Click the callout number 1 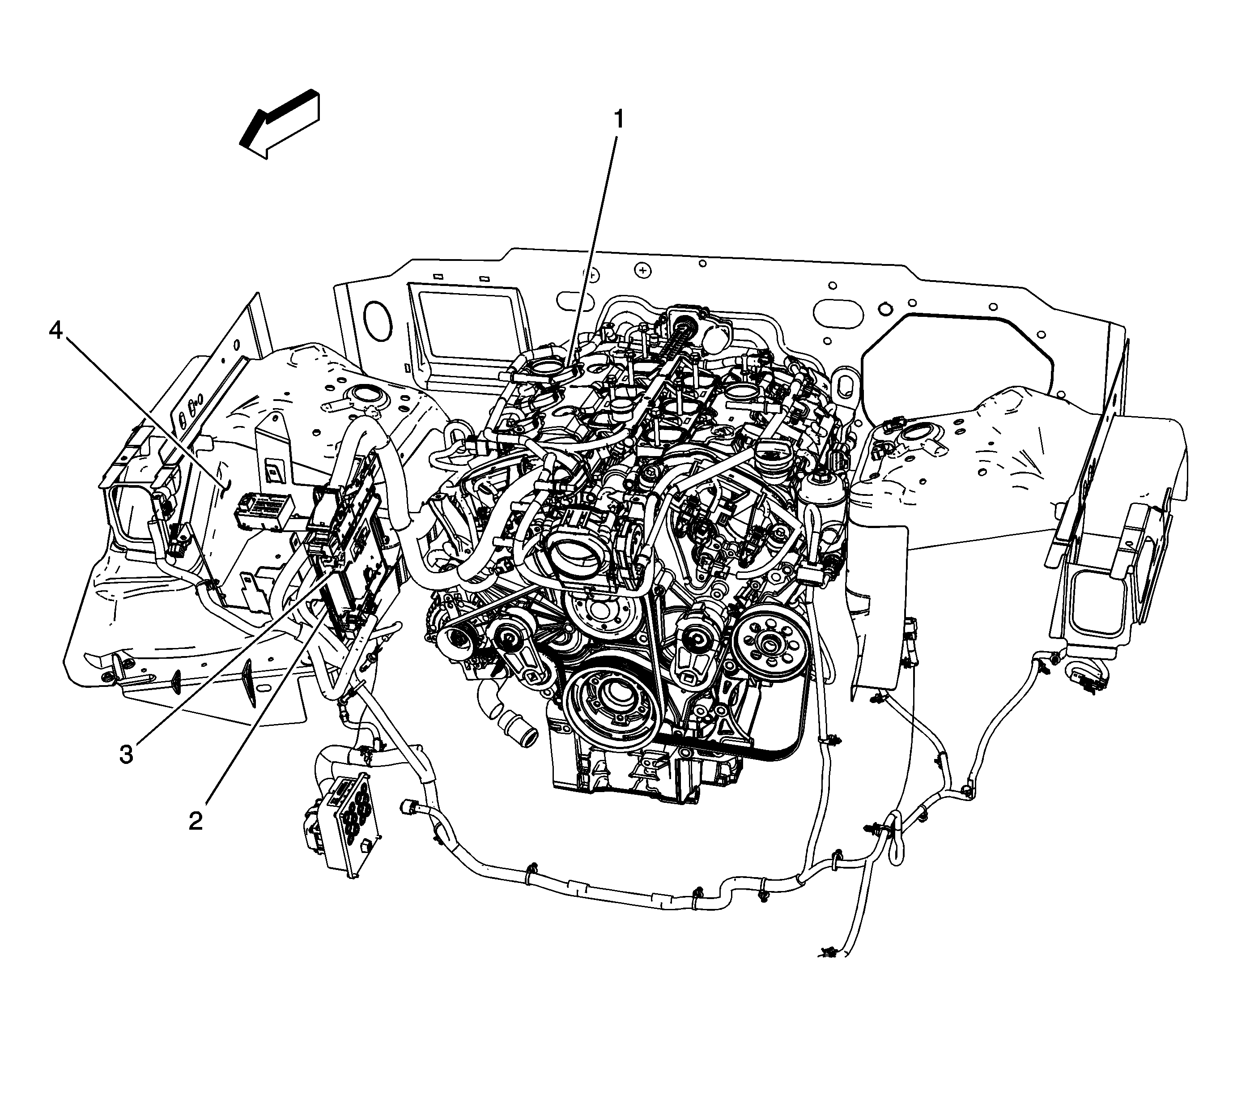point(619,120)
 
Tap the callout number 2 point(196,821)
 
